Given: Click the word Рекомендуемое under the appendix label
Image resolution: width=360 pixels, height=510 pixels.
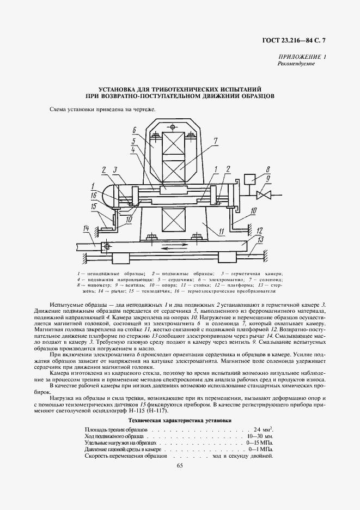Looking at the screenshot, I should (x=297, y=64).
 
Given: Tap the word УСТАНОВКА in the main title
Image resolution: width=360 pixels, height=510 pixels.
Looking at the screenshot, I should (x=119, y=88).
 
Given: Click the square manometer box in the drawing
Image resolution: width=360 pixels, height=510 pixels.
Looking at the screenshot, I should (x=252, y=179).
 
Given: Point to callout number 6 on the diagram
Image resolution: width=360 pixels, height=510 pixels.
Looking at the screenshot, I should (x=133, y=130).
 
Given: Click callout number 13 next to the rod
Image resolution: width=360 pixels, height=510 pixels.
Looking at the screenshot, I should (x=260, y=239).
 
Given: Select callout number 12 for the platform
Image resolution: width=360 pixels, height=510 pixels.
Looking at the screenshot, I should (x=260, y=229).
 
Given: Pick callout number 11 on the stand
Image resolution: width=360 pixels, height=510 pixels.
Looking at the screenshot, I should (x=222, y=232).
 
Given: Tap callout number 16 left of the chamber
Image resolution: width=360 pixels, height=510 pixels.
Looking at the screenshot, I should (x=93, y=194).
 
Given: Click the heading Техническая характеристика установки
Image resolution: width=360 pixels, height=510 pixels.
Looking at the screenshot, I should (x=180, y=421).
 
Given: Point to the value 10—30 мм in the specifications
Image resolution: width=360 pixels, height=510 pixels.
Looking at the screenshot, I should (x=260, y=436).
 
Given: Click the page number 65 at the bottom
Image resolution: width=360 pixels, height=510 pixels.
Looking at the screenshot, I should (x=180, y=464).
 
